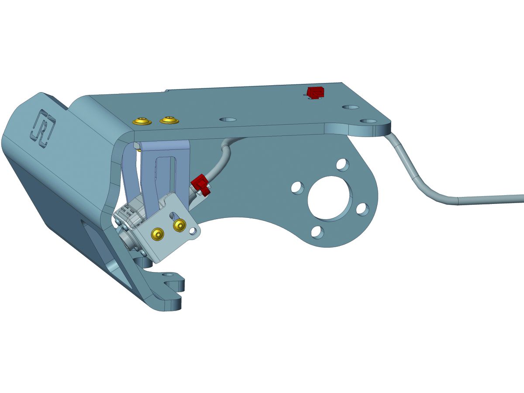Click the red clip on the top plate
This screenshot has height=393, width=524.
click(315, 93)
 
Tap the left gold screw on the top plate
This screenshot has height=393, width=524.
click(142, 121)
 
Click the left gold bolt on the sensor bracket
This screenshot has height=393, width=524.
click(157, 234)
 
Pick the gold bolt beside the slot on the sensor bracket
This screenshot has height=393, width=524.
click(180, 225)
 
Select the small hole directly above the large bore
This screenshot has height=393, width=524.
click(343, 165)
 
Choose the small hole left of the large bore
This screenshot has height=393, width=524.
click(297, 187)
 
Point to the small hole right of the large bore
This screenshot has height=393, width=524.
click(362, 209)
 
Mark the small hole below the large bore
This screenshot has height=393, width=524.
click(318, 231)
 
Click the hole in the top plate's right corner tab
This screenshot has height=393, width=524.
click(369, 121)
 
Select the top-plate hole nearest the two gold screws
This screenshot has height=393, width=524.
click(228, 119)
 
